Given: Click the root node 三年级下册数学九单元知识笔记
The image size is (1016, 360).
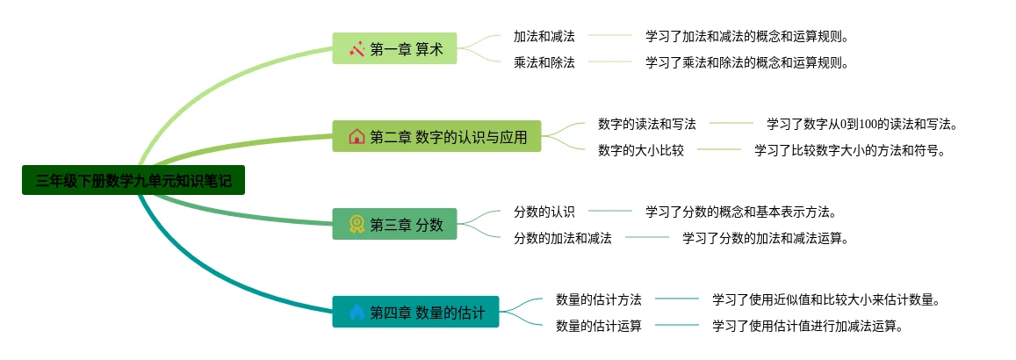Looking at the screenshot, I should (133, 181).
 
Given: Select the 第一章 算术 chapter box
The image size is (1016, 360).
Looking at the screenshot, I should (394, 49).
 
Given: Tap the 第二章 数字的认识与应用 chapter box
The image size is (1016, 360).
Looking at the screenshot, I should (436, 137).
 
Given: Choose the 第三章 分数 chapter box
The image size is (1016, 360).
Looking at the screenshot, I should (394, 224).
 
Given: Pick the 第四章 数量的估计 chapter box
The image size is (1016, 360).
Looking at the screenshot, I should (415, 312).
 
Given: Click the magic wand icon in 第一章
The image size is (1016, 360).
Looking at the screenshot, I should (357, 49).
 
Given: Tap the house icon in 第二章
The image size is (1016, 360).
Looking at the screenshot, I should (357, 137).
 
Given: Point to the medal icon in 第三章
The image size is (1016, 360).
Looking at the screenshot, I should (357, 224).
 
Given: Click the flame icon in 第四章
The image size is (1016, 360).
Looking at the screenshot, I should (357, 312).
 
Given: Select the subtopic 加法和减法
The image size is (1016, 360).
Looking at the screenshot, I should (544, 36).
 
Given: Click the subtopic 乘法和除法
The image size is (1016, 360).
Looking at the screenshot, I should (544, 62).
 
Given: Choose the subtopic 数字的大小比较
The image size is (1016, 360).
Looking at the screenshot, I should (641, 150).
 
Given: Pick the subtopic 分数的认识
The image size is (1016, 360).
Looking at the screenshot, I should (544, 212).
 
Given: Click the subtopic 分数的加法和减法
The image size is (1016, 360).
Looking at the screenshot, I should (563, 238).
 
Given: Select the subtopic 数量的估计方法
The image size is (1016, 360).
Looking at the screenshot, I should (599, 299).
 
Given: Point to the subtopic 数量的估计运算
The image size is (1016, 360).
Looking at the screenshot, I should (599, 326).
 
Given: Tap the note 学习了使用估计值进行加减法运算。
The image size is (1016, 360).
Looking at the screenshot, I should (808, 326).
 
